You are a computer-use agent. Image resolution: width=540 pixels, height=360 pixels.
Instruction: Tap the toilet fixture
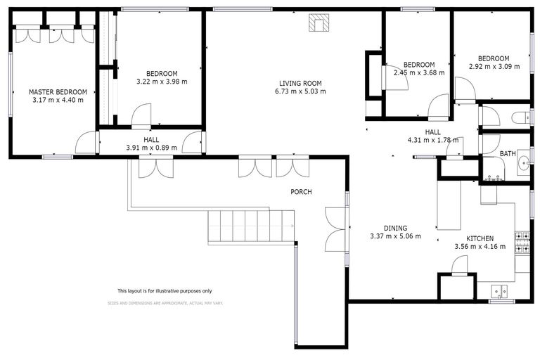click(520, 117)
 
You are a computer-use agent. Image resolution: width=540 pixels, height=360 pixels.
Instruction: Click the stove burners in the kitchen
click(522, 243)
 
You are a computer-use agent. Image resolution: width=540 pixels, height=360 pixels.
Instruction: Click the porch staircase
click(250, 226)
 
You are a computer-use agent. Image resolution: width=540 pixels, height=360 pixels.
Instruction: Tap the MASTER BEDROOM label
click(58, 92)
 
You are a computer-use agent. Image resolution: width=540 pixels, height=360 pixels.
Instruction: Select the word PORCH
click(301, 192)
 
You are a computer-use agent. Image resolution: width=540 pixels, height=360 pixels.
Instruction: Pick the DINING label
click(395, 228)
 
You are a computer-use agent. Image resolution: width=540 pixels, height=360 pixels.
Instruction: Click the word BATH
click(508, 153)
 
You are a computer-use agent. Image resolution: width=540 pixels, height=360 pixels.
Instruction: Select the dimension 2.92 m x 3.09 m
click(494, 67)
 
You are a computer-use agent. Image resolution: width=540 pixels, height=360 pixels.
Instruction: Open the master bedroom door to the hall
click(86, 143)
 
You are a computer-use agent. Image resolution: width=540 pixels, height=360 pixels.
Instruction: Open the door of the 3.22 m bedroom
click(141, 115)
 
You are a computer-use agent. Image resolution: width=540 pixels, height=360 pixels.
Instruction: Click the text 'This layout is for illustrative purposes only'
click(164, 290)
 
